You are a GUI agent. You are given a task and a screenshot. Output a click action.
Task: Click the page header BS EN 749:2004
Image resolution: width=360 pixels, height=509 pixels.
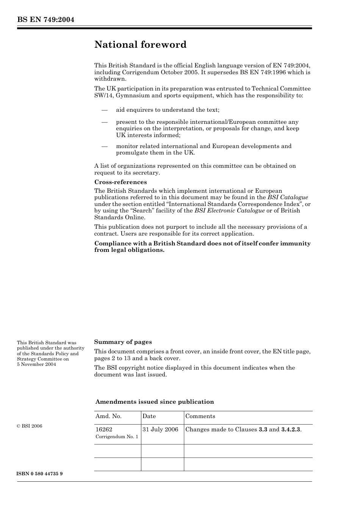click(45, 20)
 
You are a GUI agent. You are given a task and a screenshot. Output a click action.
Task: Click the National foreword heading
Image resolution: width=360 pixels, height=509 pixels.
click(140, 45)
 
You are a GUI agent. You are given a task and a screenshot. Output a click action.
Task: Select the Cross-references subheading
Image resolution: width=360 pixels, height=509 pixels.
click(120, 182)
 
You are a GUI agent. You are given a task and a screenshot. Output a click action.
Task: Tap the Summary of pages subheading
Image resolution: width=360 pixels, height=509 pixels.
click(123, 342)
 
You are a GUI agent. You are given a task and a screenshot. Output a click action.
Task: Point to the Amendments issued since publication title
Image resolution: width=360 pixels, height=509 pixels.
click(154, 402)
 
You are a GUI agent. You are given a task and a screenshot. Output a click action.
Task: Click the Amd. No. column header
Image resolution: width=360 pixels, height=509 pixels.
click(108, 416)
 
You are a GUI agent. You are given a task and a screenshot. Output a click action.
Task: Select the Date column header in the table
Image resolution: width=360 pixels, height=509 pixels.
click(149, 416)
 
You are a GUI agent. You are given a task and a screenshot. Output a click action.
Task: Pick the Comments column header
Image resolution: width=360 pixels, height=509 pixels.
click(200, 416)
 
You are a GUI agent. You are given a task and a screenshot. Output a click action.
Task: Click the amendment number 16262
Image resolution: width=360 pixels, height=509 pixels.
click(104, 429)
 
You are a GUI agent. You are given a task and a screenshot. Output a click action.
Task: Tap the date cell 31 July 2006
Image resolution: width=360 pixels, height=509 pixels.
click(160, 429)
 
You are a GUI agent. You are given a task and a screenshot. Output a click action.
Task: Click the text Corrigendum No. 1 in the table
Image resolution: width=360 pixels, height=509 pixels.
click(117, 437)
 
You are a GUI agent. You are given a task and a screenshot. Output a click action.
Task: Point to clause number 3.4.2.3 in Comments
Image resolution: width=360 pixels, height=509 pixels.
click(291, 429)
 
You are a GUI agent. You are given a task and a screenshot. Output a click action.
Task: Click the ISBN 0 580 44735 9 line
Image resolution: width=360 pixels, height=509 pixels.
click(40, 474)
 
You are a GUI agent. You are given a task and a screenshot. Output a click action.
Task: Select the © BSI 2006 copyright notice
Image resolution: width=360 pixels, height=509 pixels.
click(30, 426)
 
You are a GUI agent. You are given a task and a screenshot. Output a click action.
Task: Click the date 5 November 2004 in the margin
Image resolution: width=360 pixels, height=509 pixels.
click(36, 364)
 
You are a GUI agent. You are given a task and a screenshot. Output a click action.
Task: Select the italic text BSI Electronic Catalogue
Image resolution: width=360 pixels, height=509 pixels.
click(229, 211)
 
